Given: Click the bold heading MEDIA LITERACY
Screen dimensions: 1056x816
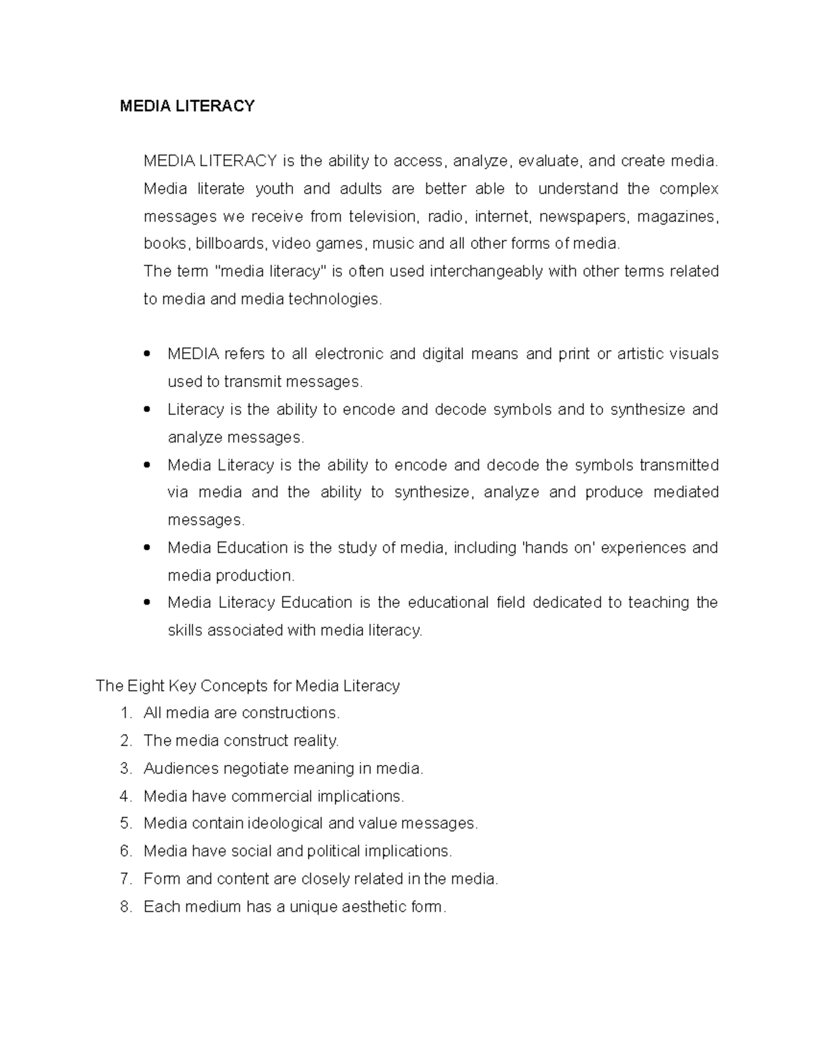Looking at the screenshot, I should point(187,106).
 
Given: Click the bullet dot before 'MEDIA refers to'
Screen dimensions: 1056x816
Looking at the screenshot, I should point(148,354).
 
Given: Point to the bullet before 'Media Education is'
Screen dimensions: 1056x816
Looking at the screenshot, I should point(148,547).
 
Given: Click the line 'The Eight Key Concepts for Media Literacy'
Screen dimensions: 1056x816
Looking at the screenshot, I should point(248,685).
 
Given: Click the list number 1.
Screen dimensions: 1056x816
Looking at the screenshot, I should point(125,713).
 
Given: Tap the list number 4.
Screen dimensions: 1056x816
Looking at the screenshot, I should point(125,796).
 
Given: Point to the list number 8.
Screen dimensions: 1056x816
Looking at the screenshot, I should point(125,906).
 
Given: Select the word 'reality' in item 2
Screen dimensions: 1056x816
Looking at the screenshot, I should point(316,740).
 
